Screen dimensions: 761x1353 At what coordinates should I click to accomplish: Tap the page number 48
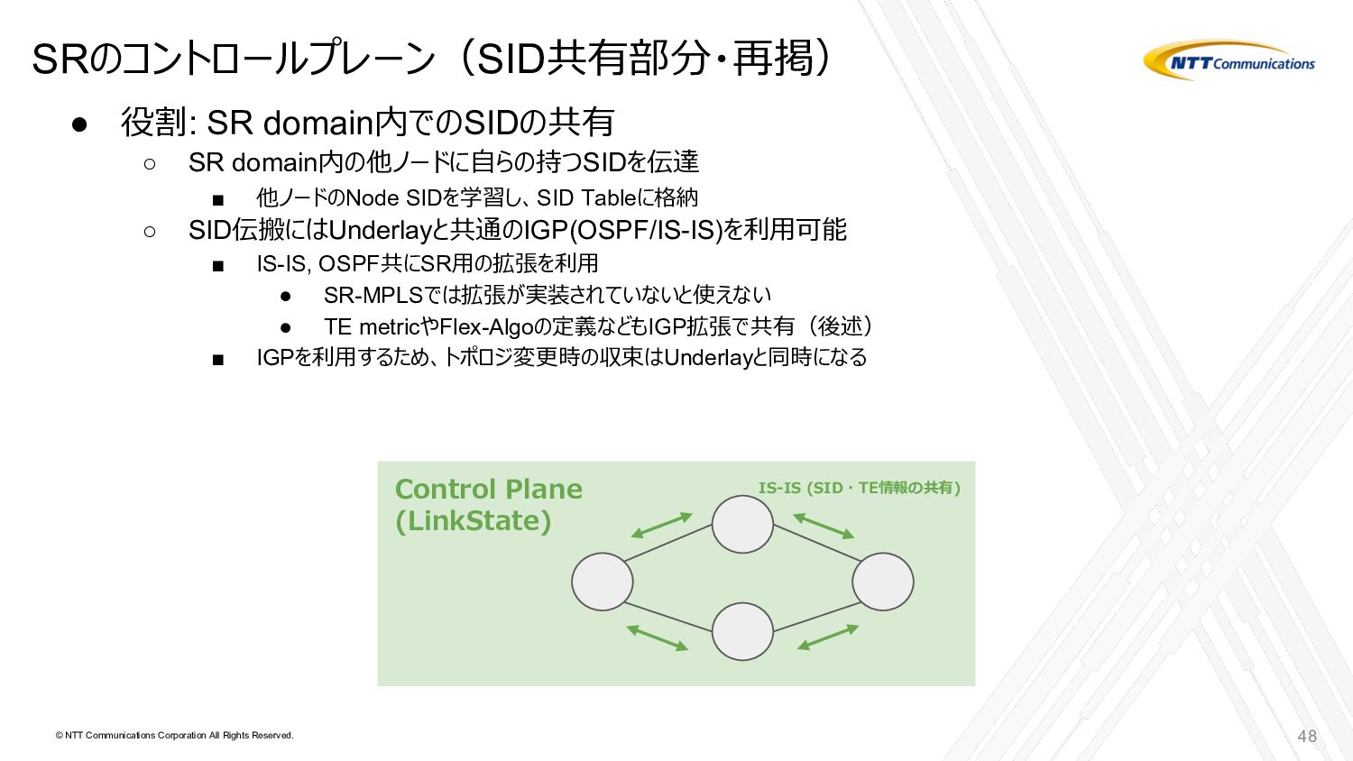pos(1307,736)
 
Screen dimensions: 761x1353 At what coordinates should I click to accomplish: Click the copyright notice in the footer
pos(174,736)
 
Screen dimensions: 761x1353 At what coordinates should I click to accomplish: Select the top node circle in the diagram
pos(742,524)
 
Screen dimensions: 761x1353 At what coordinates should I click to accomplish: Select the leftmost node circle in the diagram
pos(602,582)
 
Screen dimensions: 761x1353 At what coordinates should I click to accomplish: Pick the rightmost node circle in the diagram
pos(882,582)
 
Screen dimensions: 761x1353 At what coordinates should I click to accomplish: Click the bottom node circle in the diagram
pos(742,631)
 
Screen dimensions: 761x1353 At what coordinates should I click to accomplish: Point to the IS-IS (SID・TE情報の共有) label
pos(859,488)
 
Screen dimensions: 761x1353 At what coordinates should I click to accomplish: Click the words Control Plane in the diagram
pos(488,489)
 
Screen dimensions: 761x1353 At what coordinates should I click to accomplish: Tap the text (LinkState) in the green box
pos(473,521)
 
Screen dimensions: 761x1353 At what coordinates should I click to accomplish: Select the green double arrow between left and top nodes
pos(661,525)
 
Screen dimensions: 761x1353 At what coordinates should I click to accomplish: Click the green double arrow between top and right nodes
pos(823,526)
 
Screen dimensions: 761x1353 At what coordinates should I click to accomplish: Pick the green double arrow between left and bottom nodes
pos(658,637)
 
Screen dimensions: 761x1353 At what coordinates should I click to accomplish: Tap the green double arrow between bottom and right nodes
pos(827,637)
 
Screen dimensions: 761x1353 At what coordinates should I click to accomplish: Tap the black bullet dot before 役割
pos(78,124)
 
